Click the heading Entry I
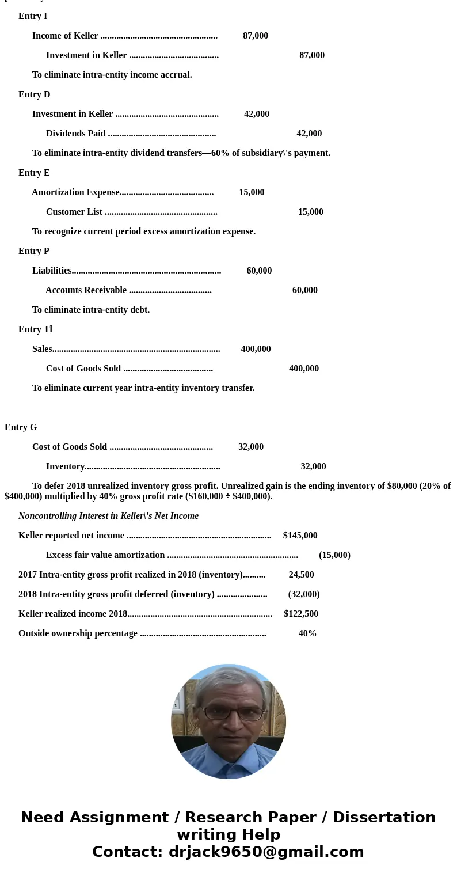[33, 16]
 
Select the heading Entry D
[34, 94]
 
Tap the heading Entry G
[21, 427]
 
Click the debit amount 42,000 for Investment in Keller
[257, 114]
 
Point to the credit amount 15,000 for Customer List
[310, 212]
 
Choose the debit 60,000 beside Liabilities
[259, 271]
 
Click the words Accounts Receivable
[86, 290]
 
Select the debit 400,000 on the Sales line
[256, 349]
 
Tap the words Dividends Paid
[76, 134]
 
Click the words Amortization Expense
[75, 192]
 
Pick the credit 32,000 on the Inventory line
[313, 466]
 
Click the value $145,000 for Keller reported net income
[300, 536]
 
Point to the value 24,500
[301, 575]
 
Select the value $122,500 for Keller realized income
[300, 614]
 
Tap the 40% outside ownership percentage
[307, 633]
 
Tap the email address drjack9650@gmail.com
[266, 852]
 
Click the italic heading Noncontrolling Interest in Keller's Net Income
[108, 516]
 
